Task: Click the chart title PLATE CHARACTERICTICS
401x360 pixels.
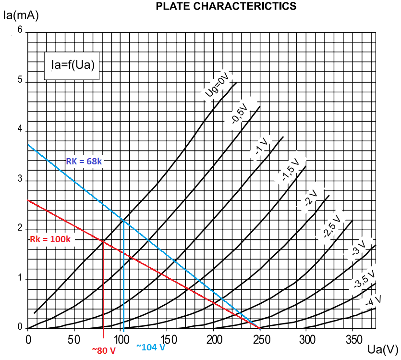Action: click(226, 6)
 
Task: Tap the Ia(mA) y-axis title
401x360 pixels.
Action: click(21, 15)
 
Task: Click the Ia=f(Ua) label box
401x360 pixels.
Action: click(72, 65)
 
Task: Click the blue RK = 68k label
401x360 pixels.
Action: click(84, 161)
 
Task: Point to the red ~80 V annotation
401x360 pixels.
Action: click(104, 350)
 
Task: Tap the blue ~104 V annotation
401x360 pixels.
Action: click(150, 347)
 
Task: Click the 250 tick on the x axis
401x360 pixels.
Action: click(259, 339)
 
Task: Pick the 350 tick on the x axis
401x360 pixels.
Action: click(352, 339)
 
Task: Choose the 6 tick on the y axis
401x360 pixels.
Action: click(20, 30)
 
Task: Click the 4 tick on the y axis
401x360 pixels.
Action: click(20, 130)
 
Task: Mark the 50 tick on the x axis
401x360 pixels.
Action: click(73, 339)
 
